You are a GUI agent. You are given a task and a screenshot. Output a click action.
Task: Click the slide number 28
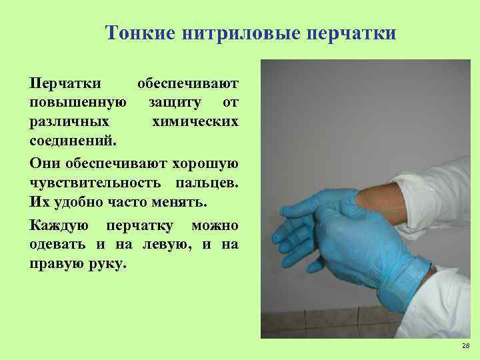(465, 346)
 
